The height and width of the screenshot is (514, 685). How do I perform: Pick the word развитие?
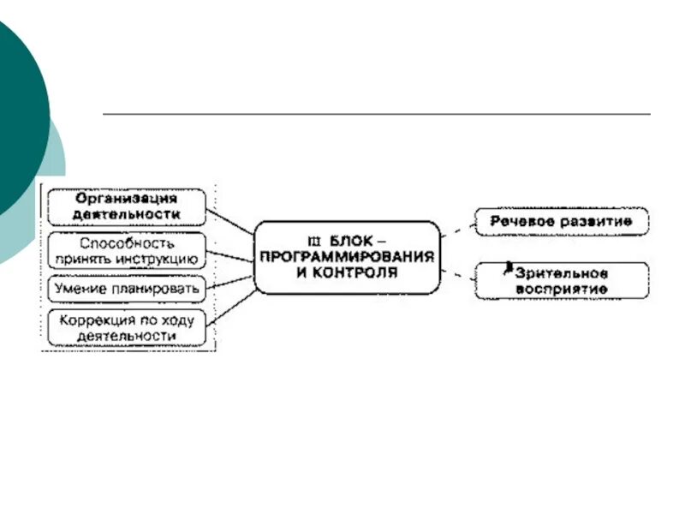pyautogui.click(x=594, y=221)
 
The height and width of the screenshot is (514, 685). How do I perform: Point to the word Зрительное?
pyautogui.click(x=561, y=273)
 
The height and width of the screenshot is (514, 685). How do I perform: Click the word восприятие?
pyautogui.click(x=561, y=289)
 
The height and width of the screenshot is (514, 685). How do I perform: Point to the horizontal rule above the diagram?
pyautogui.click(x=377, y=114)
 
